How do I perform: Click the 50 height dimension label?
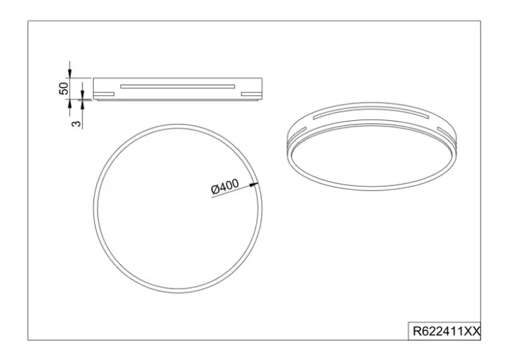[x=64, y=89]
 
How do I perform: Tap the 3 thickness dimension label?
[x=76, y=124]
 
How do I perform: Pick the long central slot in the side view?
[x=178, y=87]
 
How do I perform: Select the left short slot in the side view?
[x=104, y=94]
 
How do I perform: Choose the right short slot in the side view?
[x=251, y=94]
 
